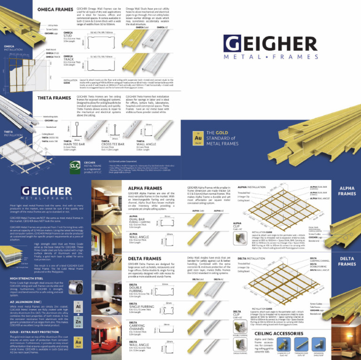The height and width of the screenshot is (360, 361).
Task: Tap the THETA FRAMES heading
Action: (x=53, y=98)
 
